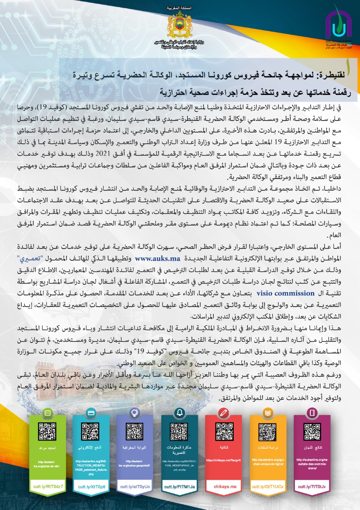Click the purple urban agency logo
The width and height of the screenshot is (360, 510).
click(338, 27)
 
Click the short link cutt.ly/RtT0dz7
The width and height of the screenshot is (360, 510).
click(47, 486)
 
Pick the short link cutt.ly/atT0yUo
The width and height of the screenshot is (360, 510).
click(136, 486)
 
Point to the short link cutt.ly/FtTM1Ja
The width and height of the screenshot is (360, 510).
click(180, 486)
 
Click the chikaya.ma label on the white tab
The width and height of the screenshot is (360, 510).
click(225, 486)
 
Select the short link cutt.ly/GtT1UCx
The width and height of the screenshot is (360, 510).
click(268, 486)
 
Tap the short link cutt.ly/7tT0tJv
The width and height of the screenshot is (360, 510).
click(312, 486)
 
